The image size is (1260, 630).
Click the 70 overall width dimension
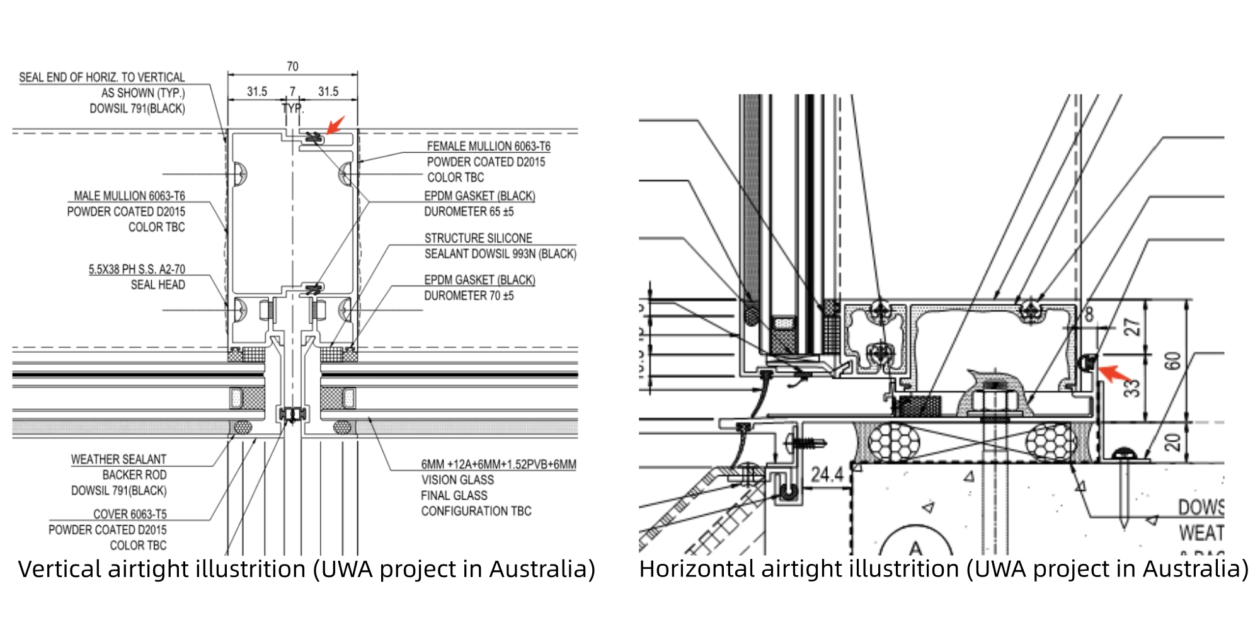292,66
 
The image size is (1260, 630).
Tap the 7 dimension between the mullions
292,92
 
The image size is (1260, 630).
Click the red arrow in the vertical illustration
336,124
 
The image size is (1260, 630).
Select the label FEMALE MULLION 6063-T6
488,146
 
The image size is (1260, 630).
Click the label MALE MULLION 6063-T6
129,196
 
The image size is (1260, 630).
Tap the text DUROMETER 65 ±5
469,212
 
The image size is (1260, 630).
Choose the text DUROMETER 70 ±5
469,295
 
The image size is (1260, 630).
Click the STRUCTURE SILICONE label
478,238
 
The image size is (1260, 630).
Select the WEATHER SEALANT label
118,459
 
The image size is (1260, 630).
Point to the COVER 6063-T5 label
130,514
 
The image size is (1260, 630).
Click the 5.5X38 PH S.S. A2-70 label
137,269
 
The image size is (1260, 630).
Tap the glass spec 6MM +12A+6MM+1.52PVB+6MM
498,464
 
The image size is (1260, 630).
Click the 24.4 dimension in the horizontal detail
827,474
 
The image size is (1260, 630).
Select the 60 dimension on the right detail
1172,362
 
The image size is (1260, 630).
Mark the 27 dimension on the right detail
1133,328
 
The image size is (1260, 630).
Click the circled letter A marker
915,547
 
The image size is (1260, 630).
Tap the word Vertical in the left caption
60,569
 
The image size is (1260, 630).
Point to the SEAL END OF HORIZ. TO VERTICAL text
102,77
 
